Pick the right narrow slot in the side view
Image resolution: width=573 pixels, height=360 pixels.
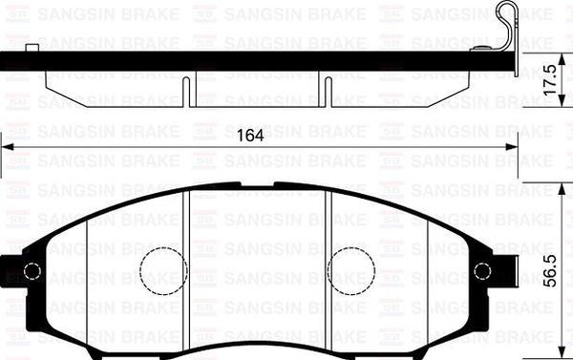[x=327, y=90]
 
